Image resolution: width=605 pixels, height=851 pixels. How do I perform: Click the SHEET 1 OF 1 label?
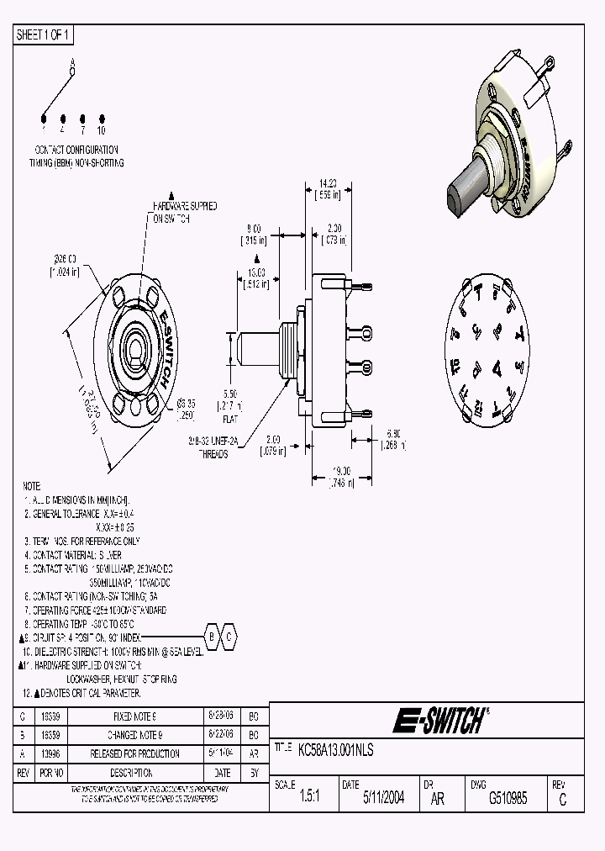45,35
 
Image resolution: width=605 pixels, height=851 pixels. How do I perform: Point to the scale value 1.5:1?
309,799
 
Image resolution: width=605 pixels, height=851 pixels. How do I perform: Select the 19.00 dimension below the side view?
340,471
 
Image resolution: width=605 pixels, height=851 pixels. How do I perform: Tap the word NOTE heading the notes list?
31,486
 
